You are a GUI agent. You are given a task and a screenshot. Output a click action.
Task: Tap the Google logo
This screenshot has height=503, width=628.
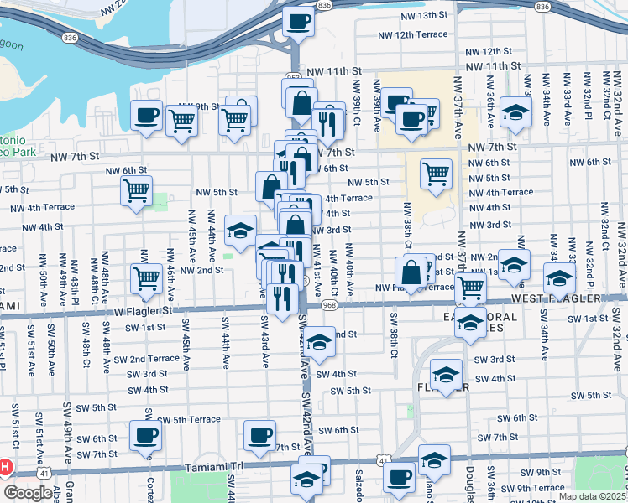tap(27, 493)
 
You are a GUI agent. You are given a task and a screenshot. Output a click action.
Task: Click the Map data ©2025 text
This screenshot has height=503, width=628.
tap(592, 496)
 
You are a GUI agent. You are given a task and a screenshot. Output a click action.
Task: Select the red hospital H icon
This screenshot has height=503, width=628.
tap(6, 466)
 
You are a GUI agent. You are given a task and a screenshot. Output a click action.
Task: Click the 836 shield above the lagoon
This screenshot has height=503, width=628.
tap(69, 39)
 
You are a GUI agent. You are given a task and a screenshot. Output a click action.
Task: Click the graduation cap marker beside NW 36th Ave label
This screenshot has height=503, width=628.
tap(515, 111)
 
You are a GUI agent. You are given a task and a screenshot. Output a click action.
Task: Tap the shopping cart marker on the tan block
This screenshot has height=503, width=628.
tap(436, 174)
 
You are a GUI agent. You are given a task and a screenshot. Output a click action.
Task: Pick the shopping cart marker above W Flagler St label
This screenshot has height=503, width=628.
tap(147, 277)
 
